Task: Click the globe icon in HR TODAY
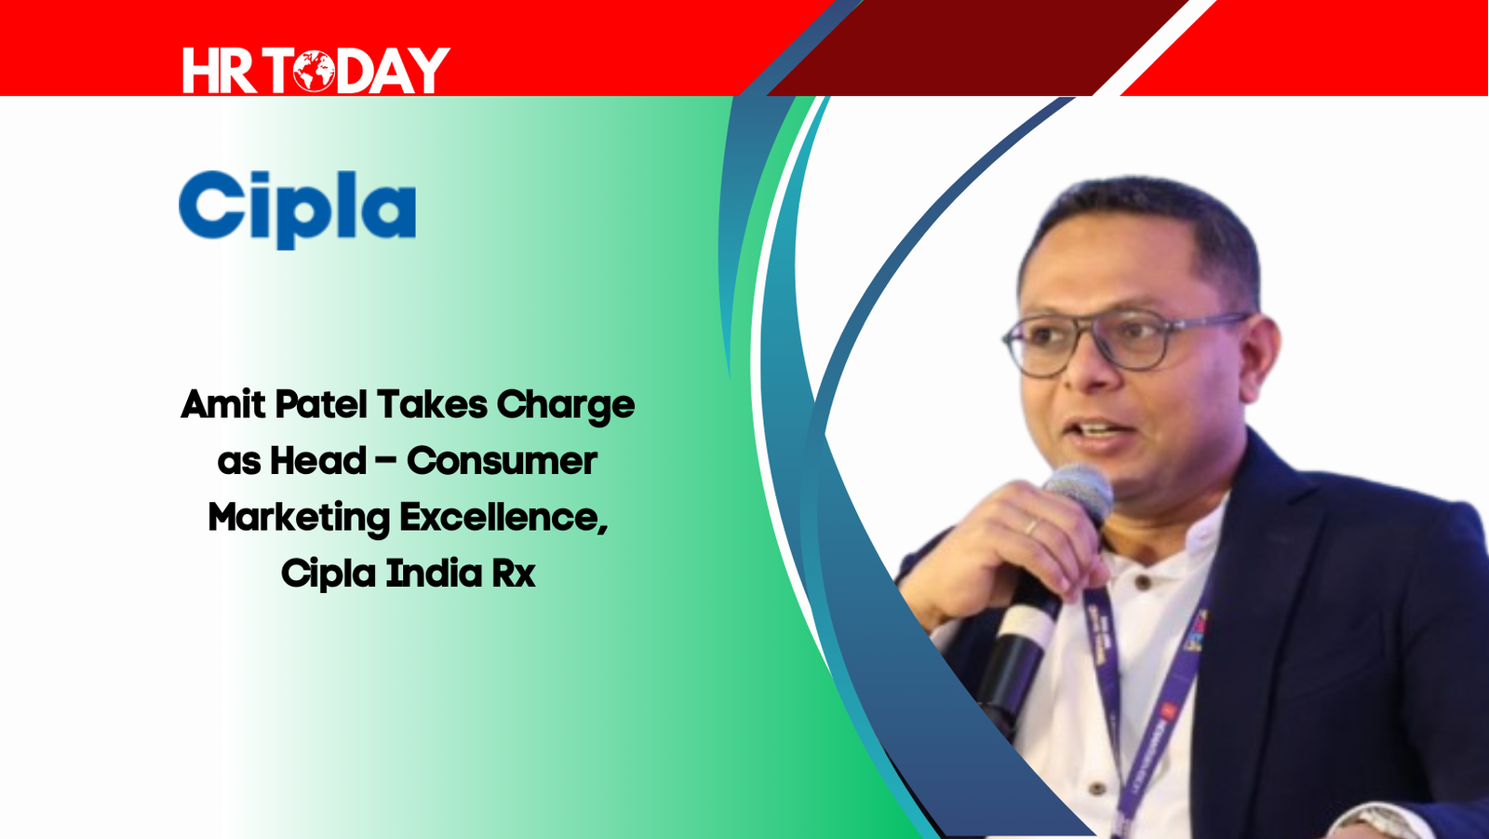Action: (x=314, y=71)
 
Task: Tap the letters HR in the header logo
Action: (x=220, y=71)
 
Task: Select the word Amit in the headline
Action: (x=223, y=404)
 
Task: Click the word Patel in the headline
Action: (x=321, y=404)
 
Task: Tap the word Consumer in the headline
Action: (x=502, y=460)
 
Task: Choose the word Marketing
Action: (x=299, y=519)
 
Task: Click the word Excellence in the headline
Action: (x=503, y=518)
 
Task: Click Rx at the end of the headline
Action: (x=514, y=574)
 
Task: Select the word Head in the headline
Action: (x=318, y=460)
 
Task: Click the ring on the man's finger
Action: (x=1031, y=527)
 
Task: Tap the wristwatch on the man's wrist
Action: (x=1383, y=824)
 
